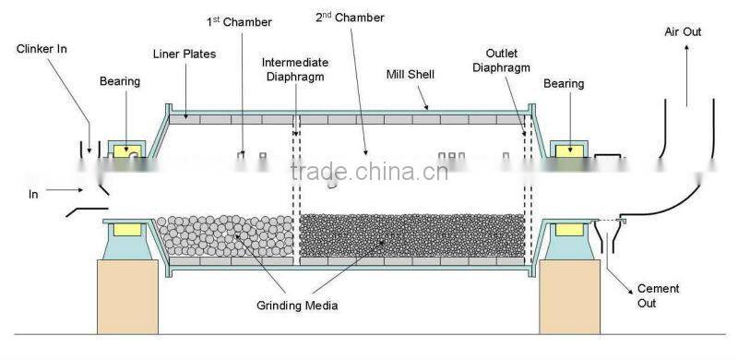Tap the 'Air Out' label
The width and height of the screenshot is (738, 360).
(683, 31)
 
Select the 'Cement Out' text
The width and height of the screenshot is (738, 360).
(658, 295)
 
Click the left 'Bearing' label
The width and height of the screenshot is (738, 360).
(120, 81)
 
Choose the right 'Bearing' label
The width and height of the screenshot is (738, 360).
(564, 84)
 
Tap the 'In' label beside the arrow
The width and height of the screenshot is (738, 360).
(33, 194)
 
